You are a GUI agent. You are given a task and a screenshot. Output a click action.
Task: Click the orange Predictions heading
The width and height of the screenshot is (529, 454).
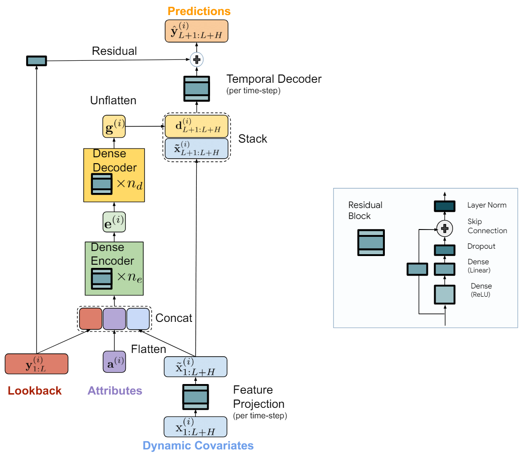(x=199, y=11)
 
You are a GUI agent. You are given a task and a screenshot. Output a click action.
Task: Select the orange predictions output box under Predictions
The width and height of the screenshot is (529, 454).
(x=196, y=31)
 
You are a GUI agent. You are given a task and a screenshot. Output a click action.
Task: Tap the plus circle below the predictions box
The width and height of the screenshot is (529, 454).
(x=197, y=59)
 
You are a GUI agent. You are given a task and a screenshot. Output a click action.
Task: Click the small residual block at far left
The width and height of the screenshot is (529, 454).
(x=37, y=61)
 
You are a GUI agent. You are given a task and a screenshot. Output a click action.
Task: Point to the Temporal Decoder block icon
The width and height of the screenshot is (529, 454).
(x=197, y=89)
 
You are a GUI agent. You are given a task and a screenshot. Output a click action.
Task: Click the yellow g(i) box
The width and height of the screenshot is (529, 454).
(x=114, y=126)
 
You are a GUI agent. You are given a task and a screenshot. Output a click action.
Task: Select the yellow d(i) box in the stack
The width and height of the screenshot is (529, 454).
(x=197, y=126)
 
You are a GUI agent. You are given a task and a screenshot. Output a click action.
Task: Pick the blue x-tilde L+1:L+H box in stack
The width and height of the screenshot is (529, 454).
(x=197, y=149)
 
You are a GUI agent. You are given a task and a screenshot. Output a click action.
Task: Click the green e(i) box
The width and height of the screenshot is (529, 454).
(x=114, y=222)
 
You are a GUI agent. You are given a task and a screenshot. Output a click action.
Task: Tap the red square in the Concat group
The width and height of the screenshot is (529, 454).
(x=91, y=319)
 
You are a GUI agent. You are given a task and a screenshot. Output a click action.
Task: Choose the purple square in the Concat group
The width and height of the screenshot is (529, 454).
(x=114, y=319)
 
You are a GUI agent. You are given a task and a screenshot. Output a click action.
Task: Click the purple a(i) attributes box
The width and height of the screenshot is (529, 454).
(x=114, y=362)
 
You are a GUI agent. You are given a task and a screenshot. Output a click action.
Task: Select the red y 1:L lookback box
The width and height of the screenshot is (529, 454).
(x=37, y=364)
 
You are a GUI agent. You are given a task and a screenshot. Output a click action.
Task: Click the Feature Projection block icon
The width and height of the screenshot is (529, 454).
(x=195, y=397)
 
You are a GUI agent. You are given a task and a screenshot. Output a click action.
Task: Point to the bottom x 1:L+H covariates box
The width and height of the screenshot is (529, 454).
(x=195, y=427)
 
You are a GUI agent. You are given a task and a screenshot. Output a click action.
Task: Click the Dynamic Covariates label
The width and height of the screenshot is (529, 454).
(x=198, y=446)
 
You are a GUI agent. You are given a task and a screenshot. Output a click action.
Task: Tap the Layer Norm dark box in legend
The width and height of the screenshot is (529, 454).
(x=445, y=206)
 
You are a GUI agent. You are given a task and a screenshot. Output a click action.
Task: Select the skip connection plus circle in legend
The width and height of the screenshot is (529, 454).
(x=445, y=229)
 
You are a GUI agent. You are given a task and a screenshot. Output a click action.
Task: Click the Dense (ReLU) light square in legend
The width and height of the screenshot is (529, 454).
(x=445, y=294)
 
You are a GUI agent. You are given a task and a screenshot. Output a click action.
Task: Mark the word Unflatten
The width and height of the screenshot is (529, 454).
(x=113, y=101)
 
